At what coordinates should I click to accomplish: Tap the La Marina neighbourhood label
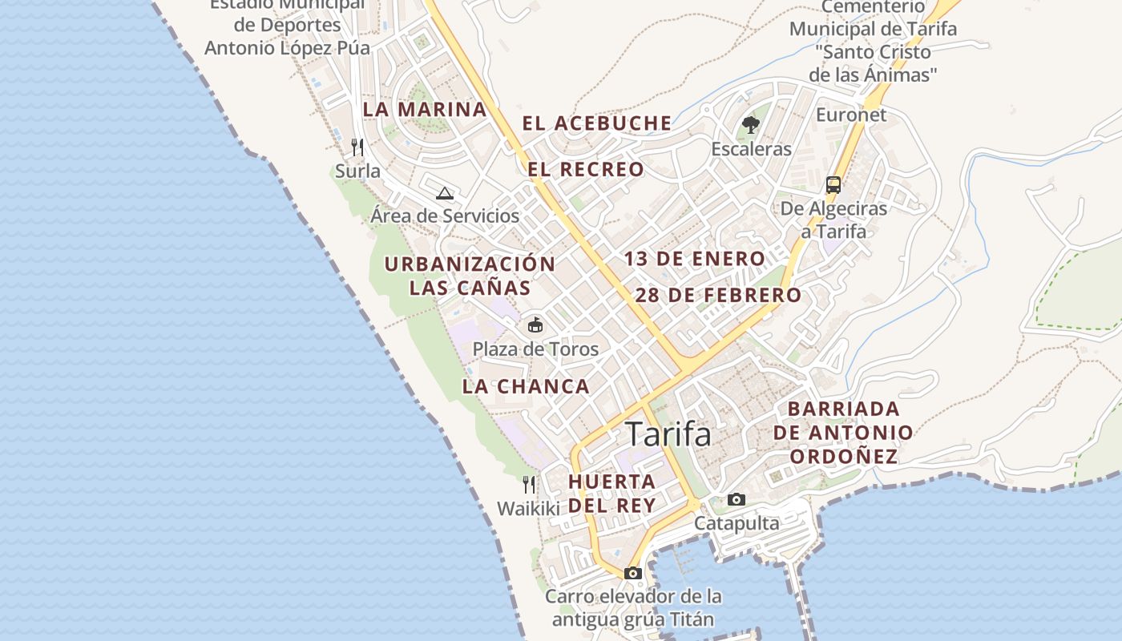point(425,110)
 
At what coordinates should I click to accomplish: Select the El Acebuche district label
point(597,123)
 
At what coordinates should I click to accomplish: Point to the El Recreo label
point(586,170)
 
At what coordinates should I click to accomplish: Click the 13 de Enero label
point(695,259)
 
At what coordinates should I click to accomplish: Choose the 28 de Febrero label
point(718,295)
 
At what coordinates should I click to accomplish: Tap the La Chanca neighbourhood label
point(526,386)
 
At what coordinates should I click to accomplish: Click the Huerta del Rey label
point(612,494)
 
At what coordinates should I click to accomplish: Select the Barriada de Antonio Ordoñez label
point(843,433)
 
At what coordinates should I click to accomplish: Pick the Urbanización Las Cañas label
point(470,276)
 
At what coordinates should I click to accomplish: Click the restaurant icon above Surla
point(357,147)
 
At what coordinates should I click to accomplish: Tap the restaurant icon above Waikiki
point(529,485)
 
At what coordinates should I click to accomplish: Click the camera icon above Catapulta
point(736,500)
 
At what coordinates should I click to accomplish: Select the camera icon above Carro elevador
point(633,573)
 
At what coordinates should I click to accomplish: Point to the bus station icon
point(833,185)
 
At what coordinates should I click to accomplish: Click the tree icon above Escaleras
point(751,125)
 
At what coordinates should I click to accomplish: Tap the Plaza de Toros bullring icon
point(535,325)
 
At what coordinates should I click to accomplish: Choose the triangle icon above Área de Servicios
point(445,193)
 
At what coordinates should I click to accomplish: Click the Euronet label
point(851,115)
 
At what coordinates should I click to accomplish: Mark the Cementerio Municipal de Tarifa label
point(873,40)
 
